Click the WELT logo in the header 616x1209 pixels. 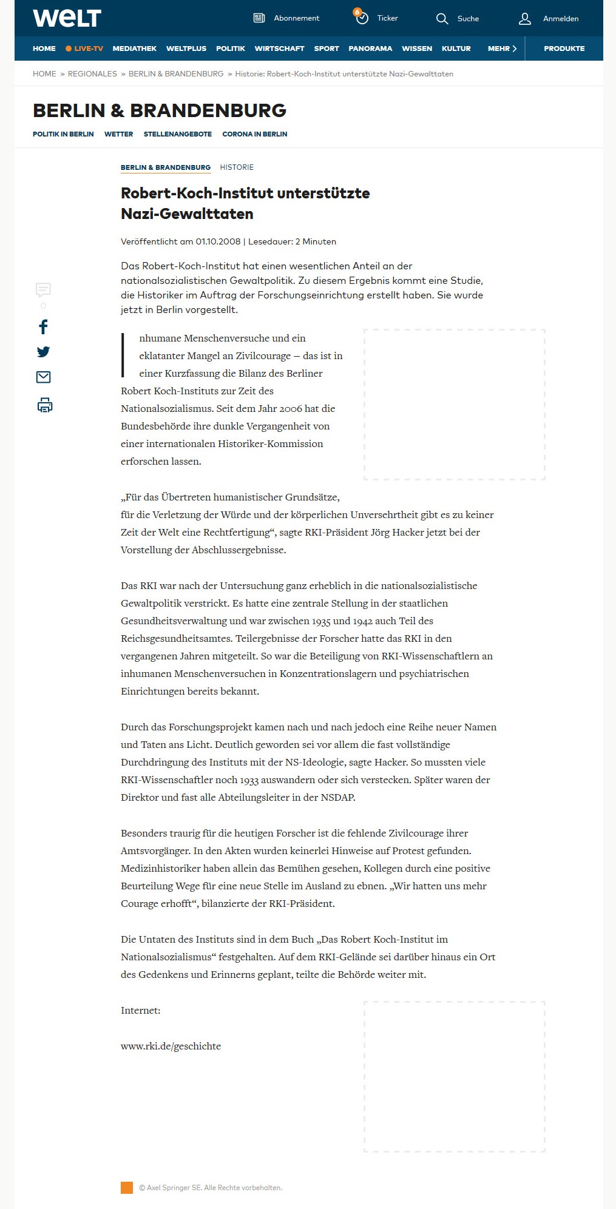click(67, 18)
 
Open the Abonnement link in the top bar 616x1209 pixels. click(296, 18)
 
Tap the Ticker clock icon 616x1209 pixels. click(362, 18)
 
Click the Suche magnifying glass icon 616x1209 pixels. click(442, 19)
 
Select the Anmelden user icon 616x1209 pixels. click(525, 19)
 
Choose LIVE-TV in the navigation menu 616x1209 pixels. click(84, 49)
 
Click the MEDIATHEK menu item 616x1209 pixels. click(134, 49)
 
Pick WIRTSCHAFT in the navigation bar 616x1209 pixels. click(279, 49)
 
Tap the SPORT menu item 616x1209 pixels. click(327, 49)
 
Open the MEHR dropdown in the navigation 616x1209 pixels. click(502, 49)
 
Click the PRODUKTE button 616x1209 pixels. click(564, 49)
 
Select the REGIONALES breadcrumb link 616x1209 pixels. click(92, 74)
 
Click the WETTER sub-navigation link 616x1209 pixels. click(118, 134)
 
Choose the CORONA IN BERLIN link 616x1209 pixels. click(254, 134)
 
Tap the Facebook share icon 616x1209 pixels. click(43, 327)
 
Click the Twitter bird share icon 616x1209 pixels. click(43, 352)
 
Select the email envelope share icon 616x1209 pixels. click(43, 377)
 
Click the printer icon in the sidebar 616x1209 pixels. click(44, 405)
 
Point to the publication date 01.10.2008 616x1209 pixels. click(218, 241)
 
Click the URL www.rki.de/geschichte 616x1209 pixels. click(171, 1046)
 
